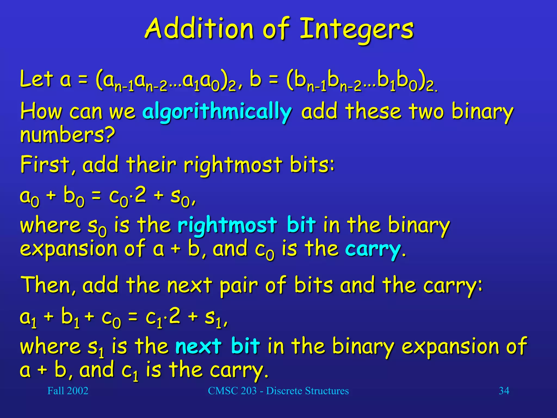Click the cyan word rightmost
click(x=227, y=225)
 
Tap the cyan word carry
click(x=373, y=249)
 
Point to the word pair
click(x=239, y=286)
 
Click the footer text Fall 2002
click(x=68, y=391)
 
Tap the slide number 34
click(x=504, y=391)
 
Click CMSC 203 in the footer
click(x=232, y=391)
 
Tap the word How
click(x=41, y=112)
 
